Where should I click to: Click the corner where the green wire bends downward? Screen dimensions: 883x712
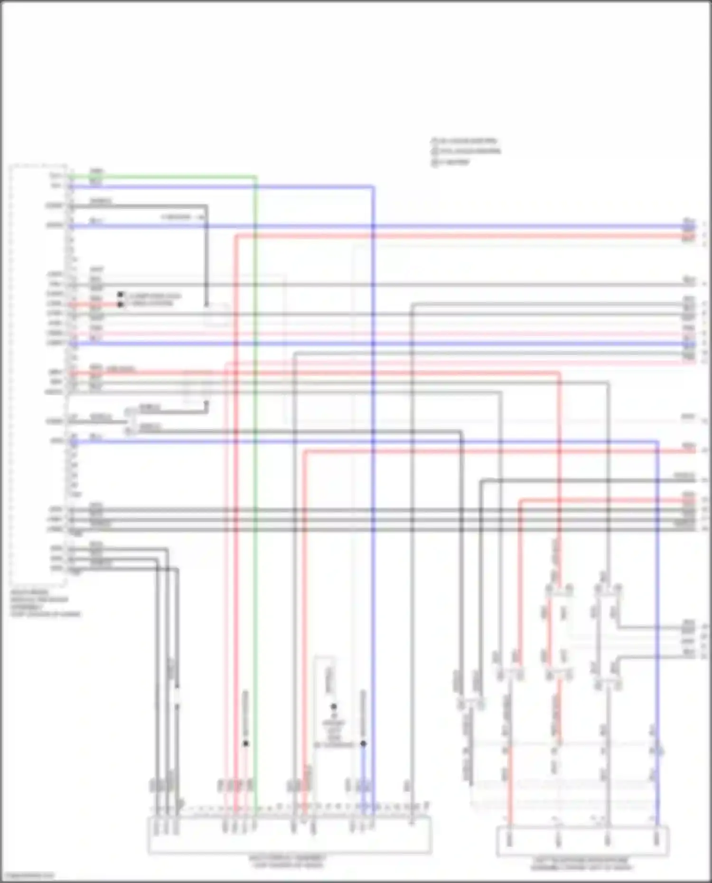tap(256, 177)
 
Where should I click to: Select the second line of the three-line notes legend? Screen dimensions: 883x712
tap(466, 151)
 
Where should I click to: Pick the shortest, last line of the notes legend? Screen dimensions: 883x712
tap(451, 162)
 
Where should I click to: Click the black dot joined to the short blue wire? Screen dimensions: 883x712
tap(363, 744)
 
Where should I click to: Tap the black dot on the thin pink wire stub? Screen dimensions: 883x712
tap(245, 743)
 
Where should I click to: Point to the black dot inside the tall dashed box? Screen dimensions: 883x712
tap(334, 706)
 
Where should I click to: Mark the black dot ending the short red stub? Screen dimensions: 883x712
tap(120, 304)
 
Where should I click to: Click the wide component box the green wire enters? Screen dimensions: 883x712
tap(290, 835)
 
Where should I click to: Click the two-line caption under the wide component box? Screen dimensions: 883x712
tap(288, 862)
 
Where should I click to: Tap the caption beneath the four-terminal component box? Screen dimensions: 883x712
tap(582, 864)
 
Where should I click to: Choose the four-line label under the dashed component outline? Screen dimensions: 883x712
tap(45, 603)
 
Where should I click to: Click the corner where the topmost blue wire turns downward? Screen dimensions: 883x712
tap(373, 187)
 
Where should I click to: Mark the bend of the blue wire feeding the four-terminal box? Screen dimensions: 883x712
tap(657, 442)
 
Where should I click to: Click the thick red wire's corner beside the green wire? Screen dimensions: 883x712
tap(236, 236)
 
